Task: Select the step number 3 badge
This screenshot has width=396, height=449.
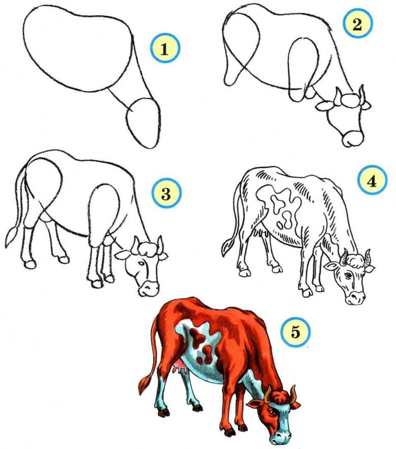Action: pyautogui.click(x=166, y=193)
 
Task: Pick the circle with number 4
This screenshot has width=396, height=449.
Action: pyautogui.click(x=372, y=181)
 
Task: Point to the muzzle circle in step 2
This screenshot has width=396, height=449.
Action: pyautogui.click(x=353, y=139)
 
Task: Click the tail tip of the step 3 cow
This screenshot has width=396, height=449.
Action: pyautogui.click(x=12, y=237)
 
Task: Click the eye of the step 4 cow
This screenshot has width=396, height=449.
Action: pyautogui.click(x=348, y=275)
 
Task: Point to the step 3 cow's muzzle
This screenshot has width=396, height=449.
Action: pyautogui.click(x=148, y=288)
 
